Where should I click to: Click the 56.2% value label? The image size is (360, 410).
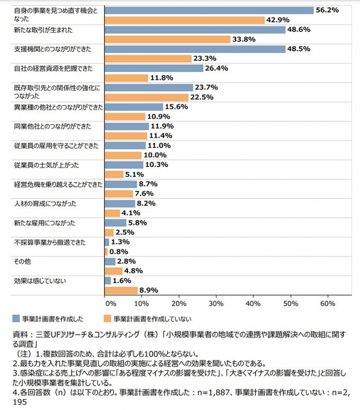pyautogui.click(x=327, y=10)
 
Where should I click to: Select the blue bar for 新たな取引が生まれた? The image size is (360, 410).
pyautogui.click(x=195, y=30)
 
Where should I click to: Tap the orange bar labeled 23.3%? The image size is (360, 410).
pyautogui.click(x=148, y=58)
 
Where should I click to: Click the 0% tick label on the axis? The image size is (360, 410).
pyautogui.click(x=110, y=303)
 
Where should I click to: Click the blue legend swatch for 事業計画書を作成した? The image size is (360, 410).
pyautogui.click(x=16, y=319)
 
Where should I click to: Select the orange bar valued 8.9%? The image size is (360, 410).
pyautogui.click(x=121, y=290)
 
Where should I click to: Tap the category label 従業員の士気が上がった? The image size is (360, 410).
pyautogui.click(x=46, y=165)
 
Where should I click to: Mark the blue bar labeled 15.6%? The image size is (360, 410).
pyautogui.click(x=133, y=107)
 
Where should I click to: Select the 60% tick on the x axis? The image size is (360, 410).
pyautogui.click(x=328, y=303)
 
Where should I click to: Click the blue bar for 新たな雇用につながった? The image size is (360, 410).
pyautogui.click(x=115, y=223)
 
